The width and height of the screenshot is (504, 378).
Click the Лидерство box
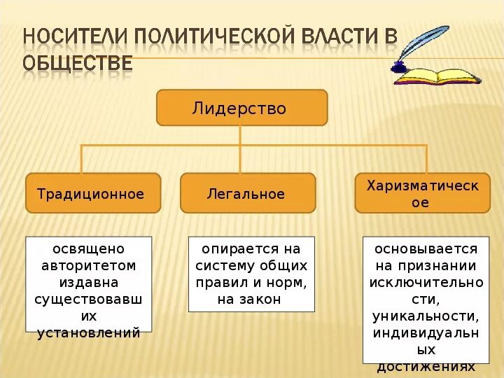(241, 108)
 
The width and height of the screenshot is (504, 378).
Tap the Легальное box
(248, 193)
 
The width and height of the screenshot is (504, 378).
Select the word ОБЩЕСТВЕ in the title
(77, 63)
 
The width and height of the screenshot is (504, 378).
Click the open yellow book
(436, 75)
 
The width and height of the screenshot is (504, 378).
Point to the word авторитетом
(88, 266)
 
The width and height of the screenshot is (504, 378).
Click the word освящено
(88, 249)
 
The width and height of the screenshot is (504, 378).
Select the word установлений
(88, 332)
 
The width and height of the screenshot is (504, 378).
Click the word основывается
(426, 249)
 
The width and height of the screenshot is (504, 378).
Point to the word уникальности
(426, 316)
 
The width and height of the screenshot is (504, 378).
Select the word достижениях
(426, 366)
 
